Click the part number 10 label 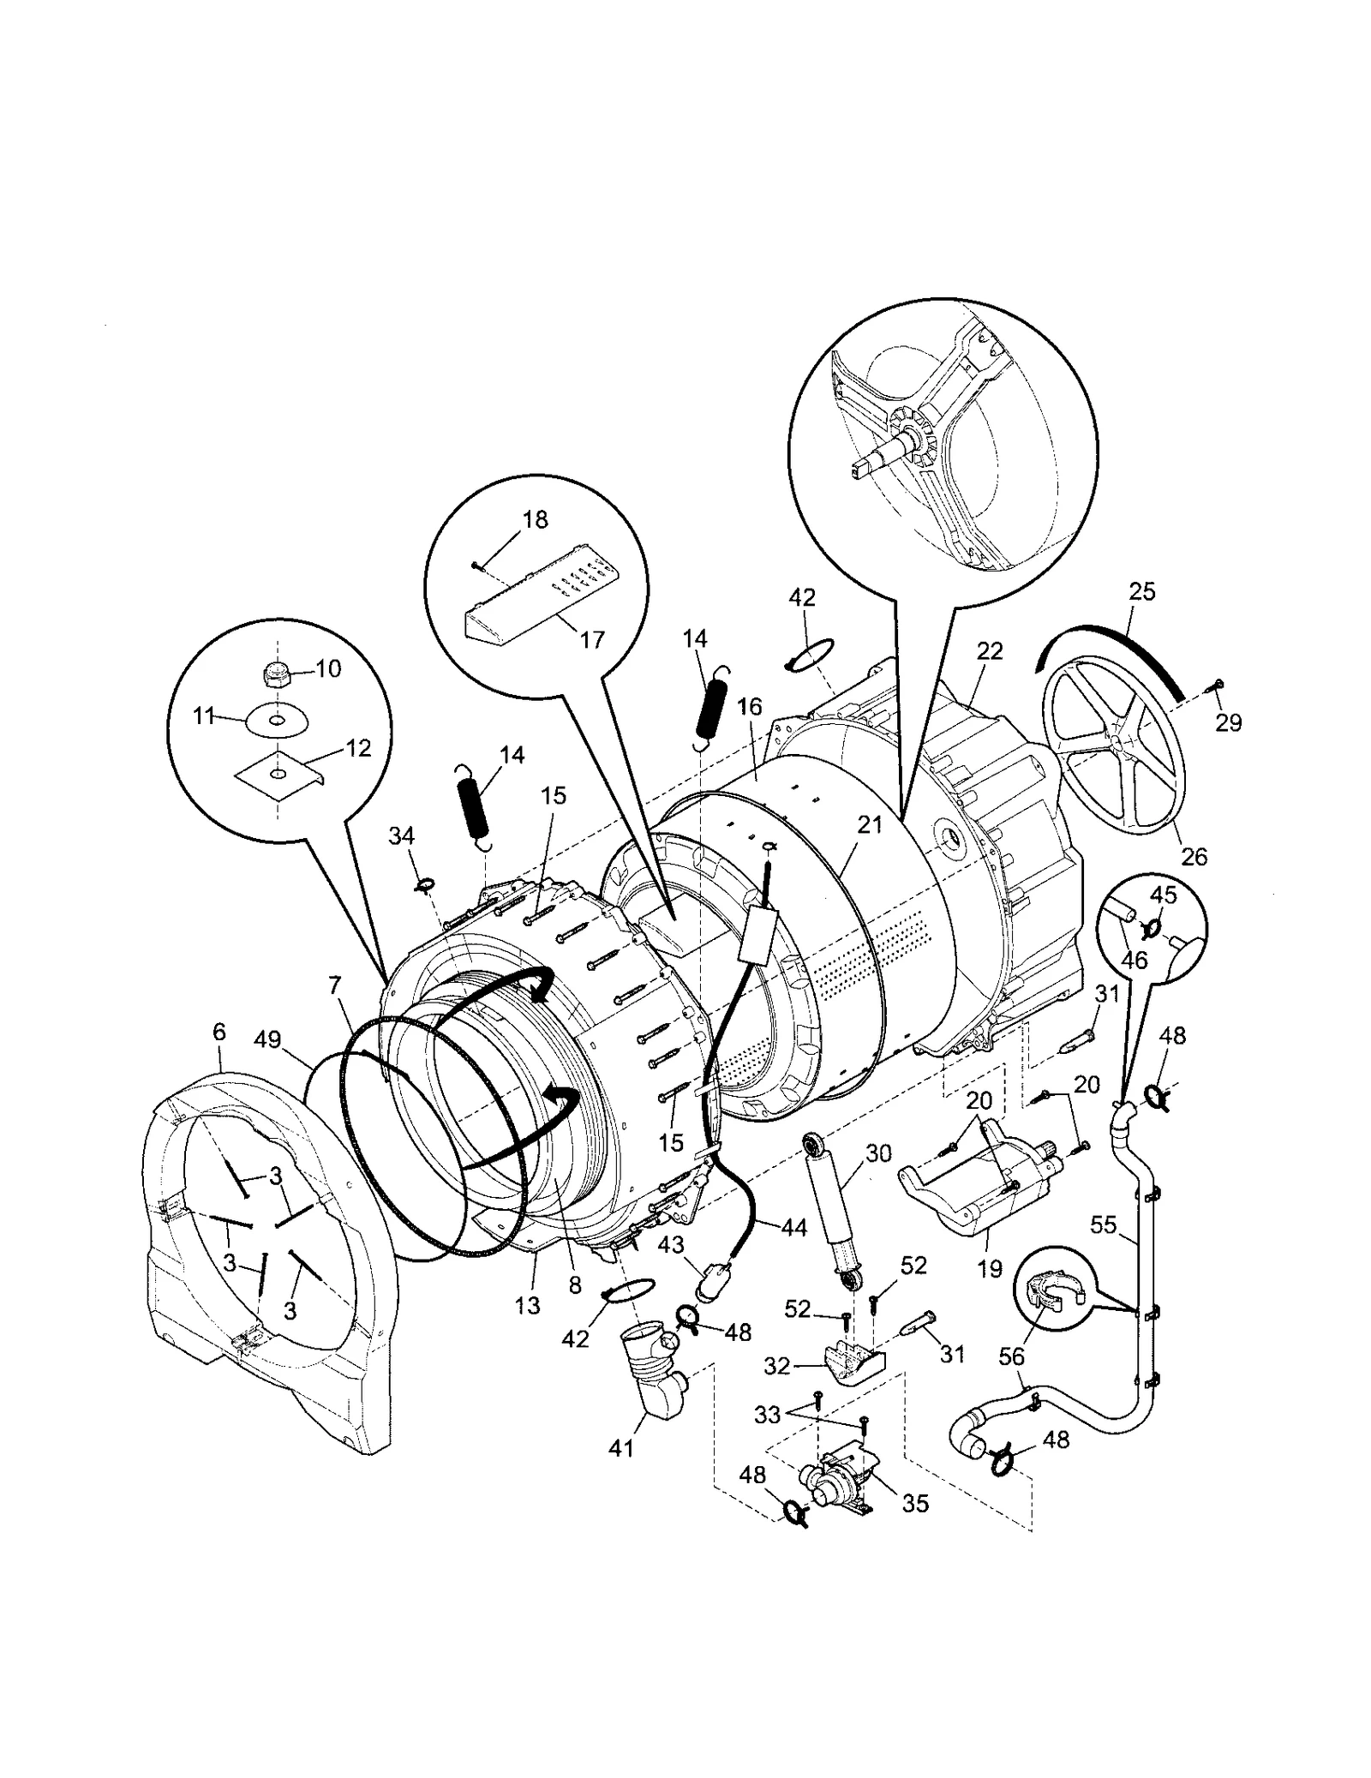pyautogui.click(x=328, y=668)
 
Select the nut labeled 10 pyautogui.click(x=278, y=677)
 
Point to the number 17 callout pyautogui.click(x=592, y=639)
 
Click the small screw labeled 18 pyautogui.click(x=476, y=564)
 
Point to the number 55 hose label pyautogui.click(x=1103, y=1224)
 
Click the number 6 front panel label pyautogui.click(x=219, y=1033)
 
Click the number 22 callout pyautogui.click(x=990, y=651)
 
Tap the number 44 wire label pyautogui.click(x=793, y=1228)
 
